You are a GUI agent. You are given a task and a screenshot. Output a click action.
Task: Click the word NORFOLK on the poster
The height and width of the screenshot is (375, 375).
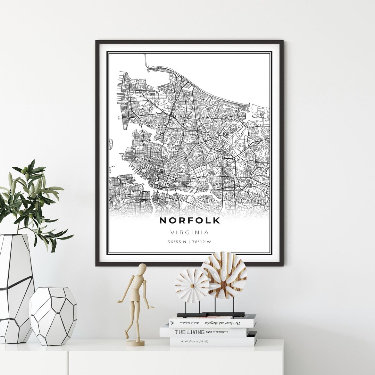[x=190, y=220]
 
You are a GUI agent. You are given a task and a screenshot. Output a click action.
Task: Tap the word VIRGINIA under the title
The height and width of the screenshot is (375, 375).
[x=190, y=232]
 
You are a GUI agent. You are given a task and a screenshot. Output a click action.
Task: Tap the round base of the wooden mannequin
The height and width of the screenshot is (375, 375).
[x=135, y=343]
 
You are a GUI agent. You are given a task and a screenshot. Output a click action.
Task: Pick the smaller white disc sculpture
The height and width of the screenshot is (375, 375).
[x=192, y=285]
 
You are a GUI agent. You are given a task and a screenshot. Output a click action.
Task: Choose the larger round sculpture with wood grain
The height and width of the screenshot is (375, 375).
[x=224, y=275]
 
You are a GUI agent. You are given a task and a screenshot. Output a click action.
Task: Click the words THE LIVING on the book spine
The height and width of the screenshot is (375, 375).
[x=189, y=332]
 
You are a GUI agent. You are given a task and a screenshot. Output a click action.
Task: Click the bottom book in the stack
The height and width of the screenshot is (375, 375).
[x=213, y=341]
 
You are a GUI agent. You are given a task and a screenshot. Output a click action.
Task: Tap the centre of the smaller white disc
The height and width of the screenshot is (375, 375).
[x=192, y=285]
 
